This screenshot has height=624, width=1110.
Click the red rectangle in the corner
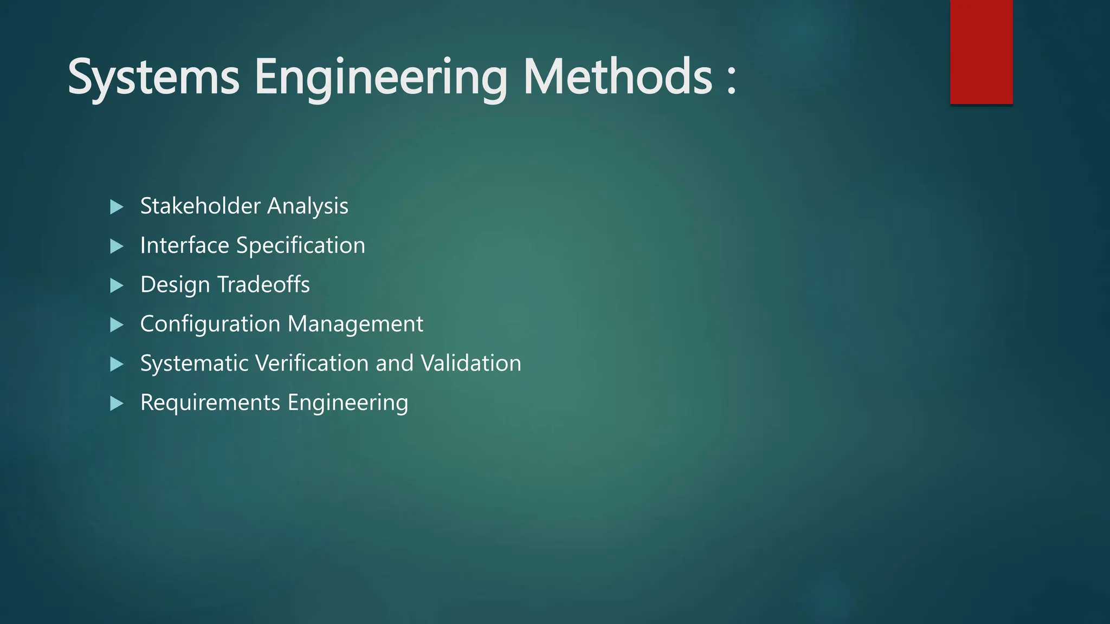coord(981,51)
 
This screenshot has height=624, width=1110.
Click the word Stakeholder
coord(201,206)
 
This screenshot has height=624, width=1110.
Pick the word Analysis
coord(307,206)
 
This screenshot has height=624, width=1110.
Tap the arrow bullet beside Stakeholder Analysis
coord(117,207)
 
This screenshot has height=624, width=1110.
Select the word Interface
coord(185,245)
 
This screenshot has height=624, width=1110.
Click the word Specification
coord(301,245)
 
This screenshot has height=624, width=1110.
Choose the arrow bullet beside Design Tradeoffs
coord(117,285)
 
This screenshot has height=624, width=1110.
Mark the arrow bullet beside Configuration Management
coord(117,325)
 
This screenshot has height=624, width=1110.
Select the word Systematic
coord(195,363)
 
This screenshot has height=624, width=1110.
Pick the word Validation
coord(471,363)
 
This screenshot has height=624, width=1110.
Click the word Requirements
coord(210,402)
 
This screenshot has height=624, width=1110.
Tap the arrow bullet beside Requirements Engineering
coord(117,404)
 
